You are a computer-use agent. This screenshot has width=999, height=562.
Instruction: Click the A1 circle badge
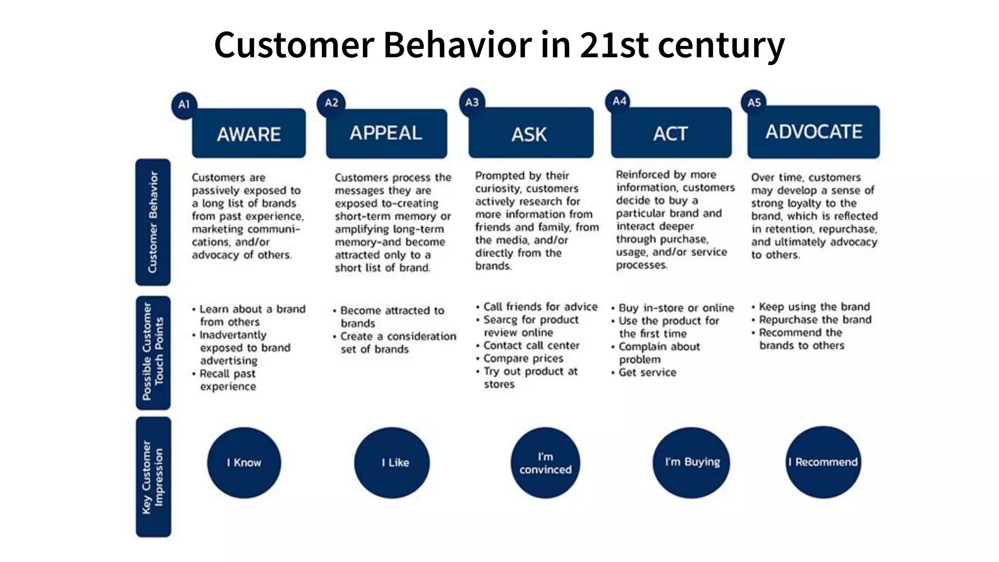pyautogui.click(x=184, y=104)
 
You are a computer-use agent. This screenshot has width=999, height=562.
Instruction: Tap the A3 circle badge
pyautogui.click(x=472, y=102)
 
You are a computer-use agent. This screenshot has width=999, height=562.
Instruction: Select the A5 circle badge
pyautogui.click(x=754, y=102)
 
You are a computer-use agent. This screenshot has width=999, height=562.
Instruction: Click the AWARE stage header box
pyautogui.click(x=249, y=134)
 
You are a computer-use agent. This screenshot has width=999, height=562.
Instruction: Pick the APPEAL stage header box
pyautogui.click(x=386, y=133)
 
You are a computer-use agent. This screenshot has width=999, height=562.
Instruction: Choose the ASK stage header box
pyautogui.click(x=531, y=133)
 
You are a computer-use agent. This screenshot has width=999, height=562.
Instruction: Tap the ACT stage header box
pyautogui.click(x=671, y=133)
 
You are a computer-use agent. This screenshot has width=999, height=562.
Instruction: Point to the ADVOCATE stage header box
pyautogui.click(x=813, y=132)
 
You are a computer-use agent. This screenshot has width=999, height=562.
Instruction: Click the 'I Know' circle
pyautogui.click(x=244, y=462)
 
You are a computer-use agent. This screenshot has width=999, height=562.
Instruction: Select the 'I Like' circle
pyautogui.click(x=392, y=462)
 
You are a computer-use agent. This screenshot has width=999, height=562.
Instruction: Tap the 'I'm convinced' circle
pyautogui.click(x=545, y=463)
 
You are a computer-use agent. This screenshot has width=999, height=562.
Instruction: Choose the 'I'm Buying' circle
pyautogui.click(x=691, y=462)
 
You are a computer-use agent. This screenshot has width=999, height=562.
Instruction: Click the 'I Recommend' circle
pyautogui.click(x=823, y=462)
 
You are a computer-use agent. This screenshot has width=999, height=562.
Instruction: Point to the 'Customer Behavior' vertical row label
pyautogui.click(x=153, y=222)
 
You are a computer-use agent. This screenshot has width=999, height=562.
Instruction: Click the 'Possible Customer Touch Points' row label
pyautogui.click(x=153, y=352)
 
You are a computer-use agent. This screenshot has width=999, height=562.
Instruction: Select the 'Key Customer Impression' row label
pyautogui.click(x=153, y=477)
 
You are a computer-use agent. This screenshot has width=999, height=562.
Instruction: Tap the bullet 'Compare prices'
pyautogui.click(x=523, y=359)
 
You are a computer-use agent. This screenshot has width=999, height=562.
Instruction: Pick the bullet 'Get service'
pyautogui.click(x=647, y=373)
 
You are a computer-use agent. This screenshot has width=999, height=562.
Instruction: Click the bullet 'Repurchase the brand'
pyautogui.click(x=815, y=320)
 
